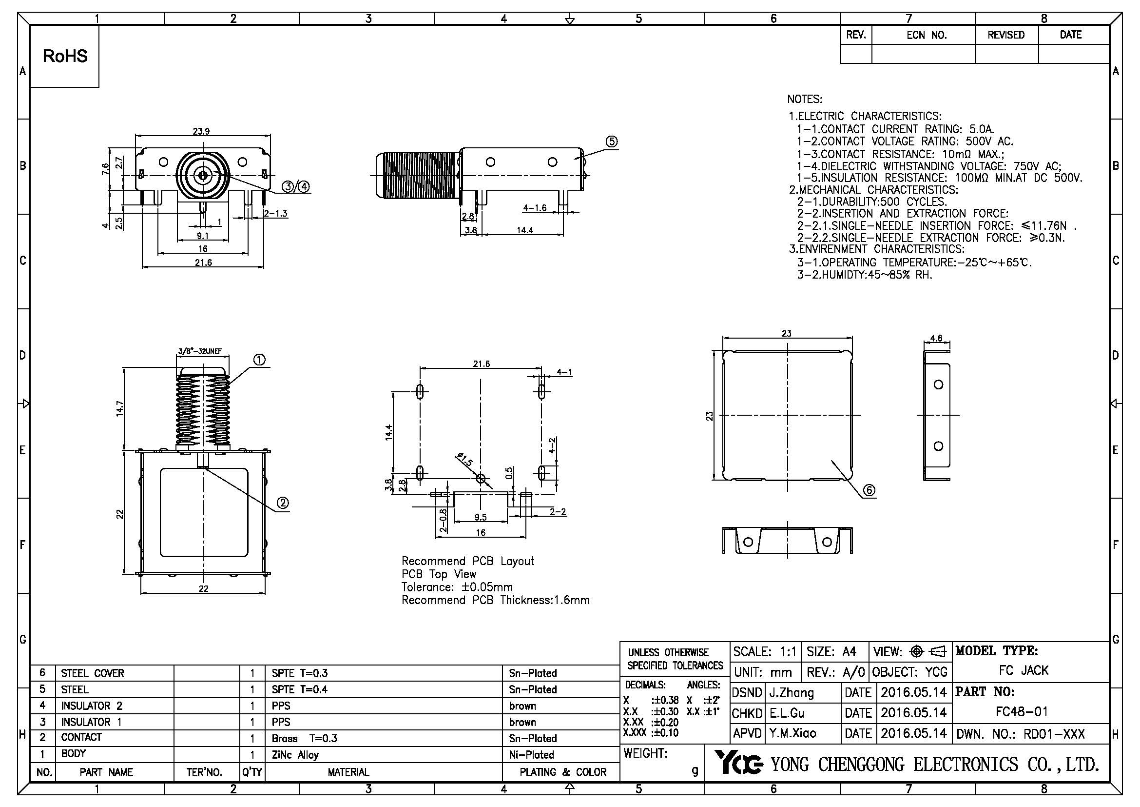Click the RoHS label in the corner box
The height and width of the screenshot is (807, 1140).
click(x=65, y=56)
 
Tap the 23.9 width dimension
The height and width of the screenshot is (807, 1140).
click(x=201, y=131)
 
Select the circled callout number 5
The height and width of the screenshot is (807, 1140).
click(x=611, y=141)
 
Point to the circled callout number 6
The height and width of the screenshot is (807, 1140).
click(x=869, y=490)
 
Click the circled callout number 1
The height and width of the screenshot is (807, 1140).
click(x=259, y=360)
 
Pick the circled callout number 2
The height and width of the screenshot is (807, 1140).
click(x=282, y=504)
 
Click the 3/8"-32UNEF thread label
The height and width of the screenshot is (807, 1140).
click(x=203, y=351)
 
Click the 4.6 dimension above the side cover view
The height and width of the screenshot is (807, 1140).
click(x=936, y=339)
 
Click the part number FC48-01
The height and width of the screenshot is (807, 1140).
click(x=1022, y=712)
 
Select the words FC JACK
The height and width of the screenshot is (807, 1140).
click(x=1024, y=670)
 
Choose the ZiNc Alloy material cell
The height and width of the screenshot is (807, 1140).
click(x=295, y=754)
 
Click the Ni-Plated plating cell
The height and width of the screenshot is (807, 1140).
click(x=531, y=754)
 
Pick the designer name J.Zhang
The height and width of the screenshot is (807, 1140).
click(x=792, y=692)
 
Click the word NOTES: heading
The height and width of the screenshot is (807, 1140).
click(x=804, y=100)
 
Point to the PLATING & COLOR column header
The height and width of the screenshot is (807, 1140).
click(x=563, y=772)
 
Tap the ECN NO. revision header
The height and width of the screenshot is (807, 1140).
click(x=927, y=35)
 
